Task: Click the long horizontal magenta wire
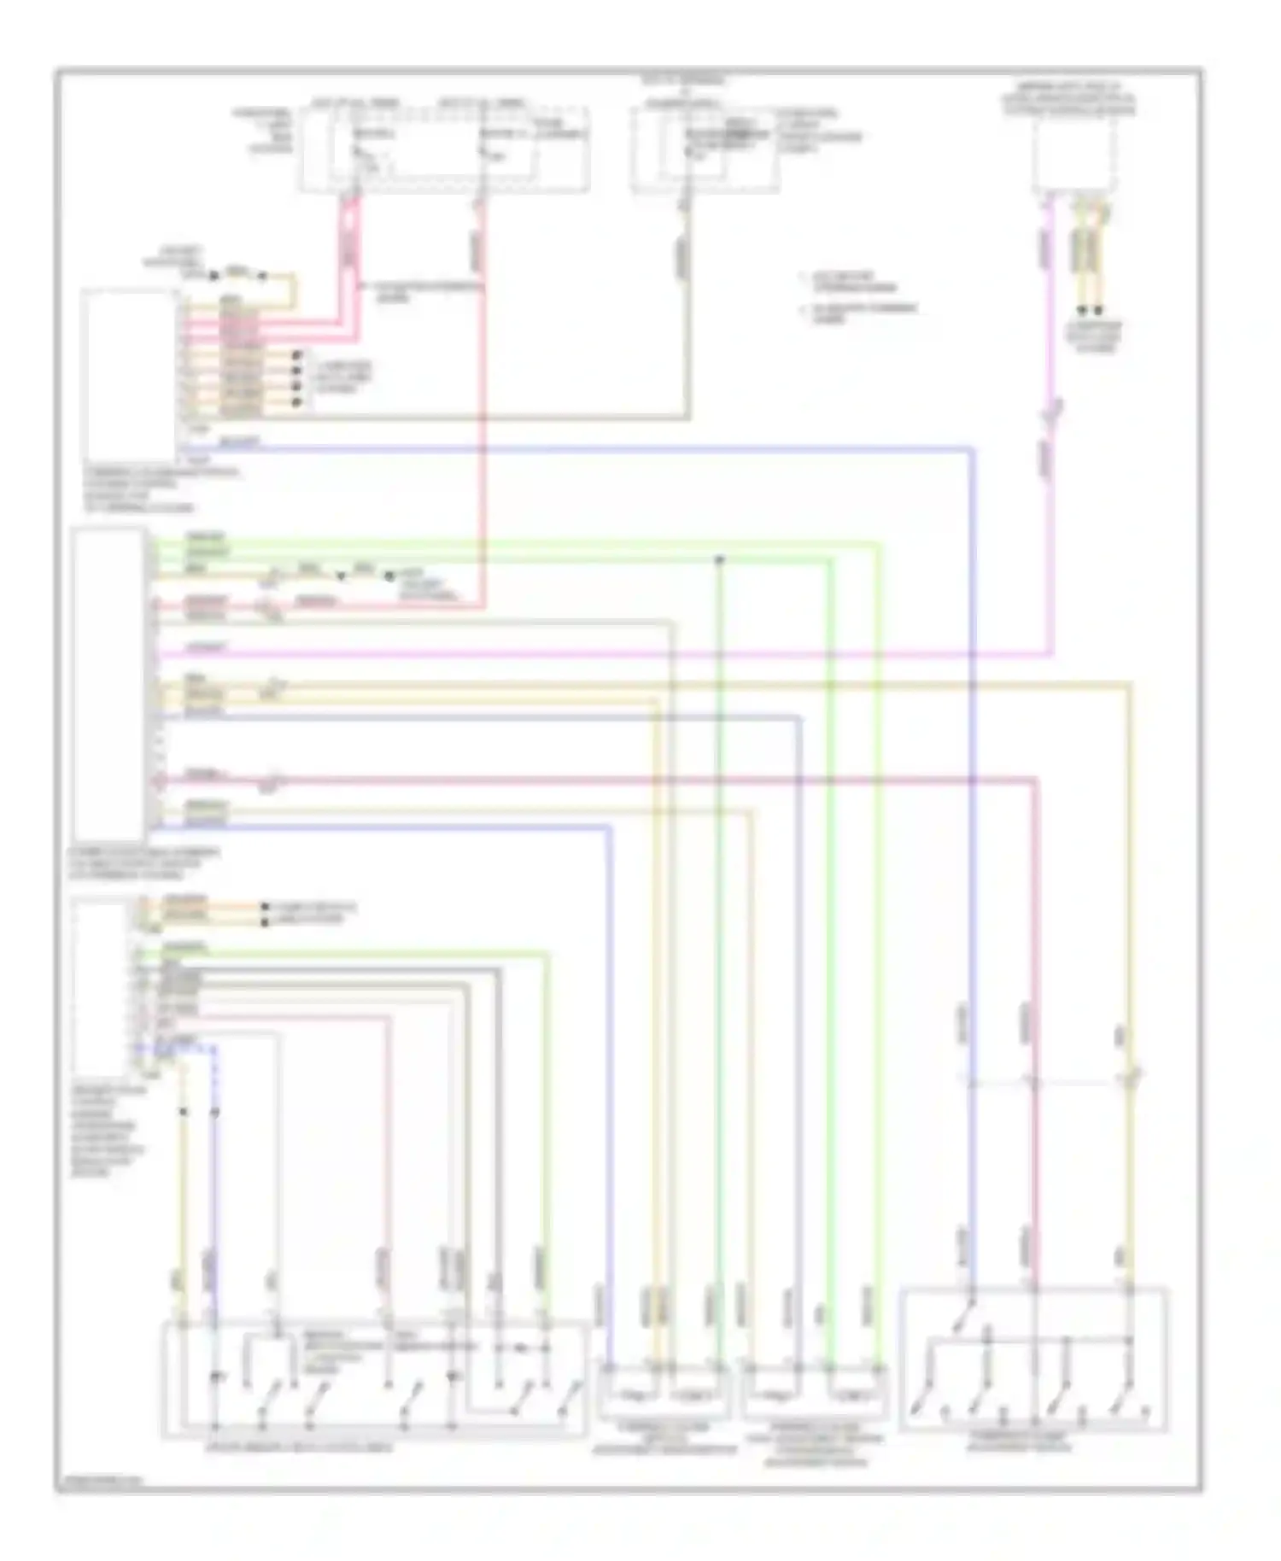(598, 655)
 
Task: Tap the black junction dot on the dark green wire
(719, 559)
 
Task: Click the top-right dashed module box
(1075, 154)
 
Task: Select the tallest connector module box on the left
(108, 684)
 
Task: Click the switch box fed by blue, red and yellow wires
(1033, 1358)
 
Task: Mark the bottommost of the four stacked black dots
(298, 401)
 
